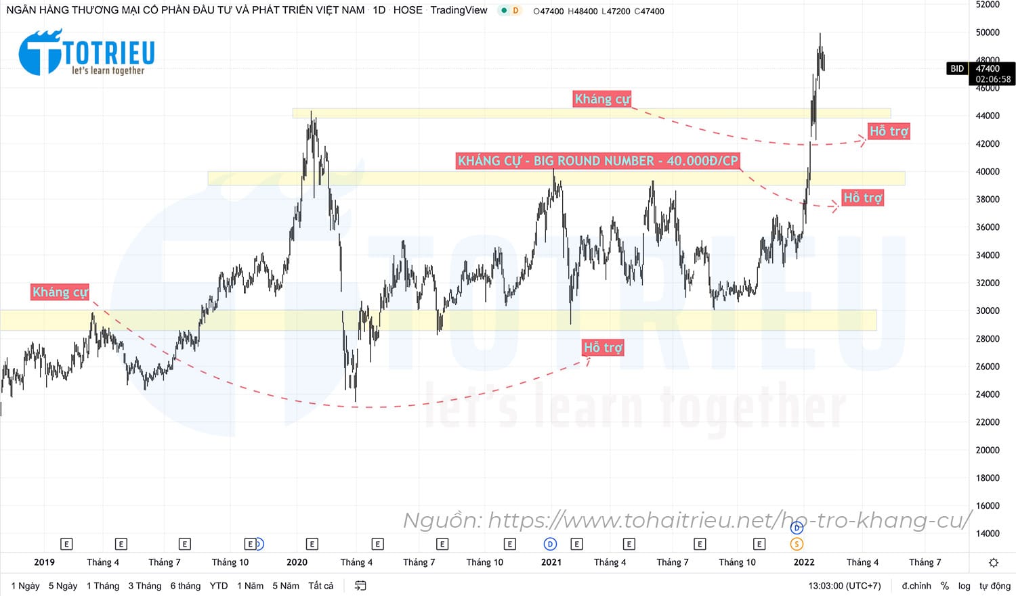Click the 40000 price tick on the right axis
coord(987,172)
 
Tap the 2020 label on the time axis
coord(297,562)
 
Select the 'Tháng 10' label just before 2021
coord(484,562)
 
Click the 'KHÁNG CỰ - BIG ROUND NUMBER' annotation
coord(597,161)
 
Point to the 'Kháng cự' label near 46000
coord(602,99)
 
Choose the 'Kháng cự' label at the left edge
coord(60,292)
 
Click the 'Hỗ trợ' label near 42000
coord(889,131)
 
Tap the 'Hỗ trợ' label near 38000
coord(862,198)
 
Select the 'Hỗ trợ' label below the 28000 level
coord(603,348)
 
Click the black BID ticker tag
coord(956,68)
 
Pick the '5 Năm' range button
coord(285,586)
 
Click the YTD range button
coord(219,586)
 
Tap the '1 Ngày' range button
coord(25,586)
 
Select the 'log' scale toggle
coord(964,586)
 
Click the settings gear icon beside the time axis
coord(993,562)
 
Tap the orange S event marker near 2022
coord(797,544)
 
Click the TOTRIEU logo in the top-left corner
coord(87,52)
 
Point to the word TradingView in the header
coord(459,10)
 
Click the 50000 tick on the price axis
coord(987,32)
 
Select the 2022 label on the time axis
coord(804,562)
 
